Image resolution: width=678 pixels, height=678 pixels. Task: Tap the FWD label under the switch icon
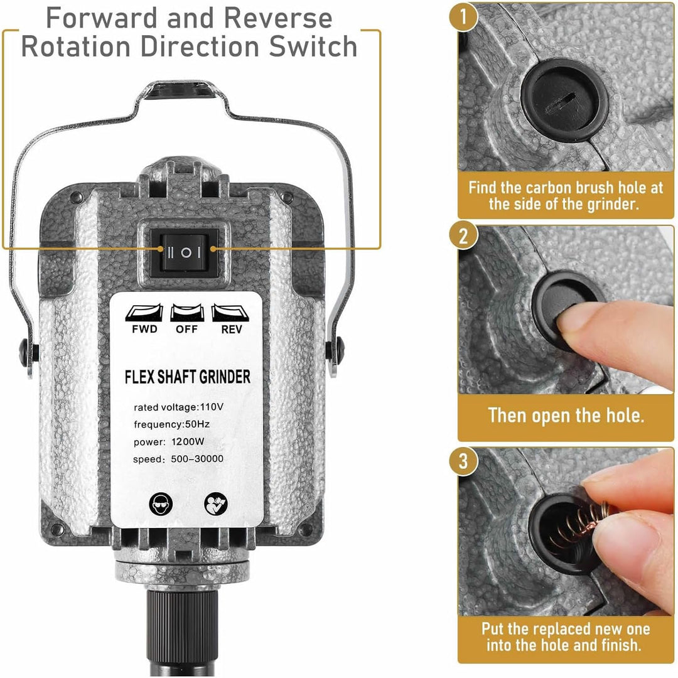[x=144, y=330]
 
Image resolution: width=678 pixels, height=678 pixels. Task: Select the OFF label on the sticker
[x=186, y=330]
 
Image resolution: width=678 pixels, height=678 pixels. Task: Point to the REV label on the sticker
[x=231, y=330]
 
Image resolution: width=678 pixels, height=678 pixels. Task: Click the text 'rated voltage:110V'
[x=178, y=407]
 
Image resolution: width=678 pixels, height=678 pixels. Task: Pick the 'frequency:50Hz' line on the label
[x=171, y=424]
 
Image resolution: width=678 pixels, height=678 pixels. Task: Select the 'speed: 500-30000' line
[x=178, y=459]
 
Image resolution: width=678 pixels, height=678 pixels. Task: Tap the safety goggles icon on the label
[x=161, y=503]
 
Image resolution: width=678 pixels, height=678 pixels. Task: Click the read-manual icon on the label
[x=216, y=503]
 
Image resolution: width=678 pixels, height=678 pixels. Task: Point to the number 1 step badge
[x=463, y=16]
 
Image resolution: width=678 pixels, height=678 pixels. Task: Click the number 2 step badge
[x=463, y=237]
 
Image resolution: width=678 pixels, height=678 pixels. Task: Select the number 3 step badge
[x=463, y=461]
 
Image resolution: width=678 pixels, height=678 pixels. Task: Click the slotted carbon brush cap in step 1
[x=564, y=100]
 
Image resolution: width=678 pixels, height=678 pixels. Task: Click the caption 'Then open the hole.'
[x=566, y=415]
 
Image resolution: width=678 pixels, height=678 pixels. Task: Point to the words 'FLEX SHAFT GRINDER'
[x=187, y=377]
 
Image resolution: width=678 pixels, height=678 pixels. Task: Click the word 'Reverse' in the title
[x=278, y=18]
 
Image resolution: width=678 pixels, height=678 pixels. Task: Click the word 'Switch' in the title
[x=313, y=46]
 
